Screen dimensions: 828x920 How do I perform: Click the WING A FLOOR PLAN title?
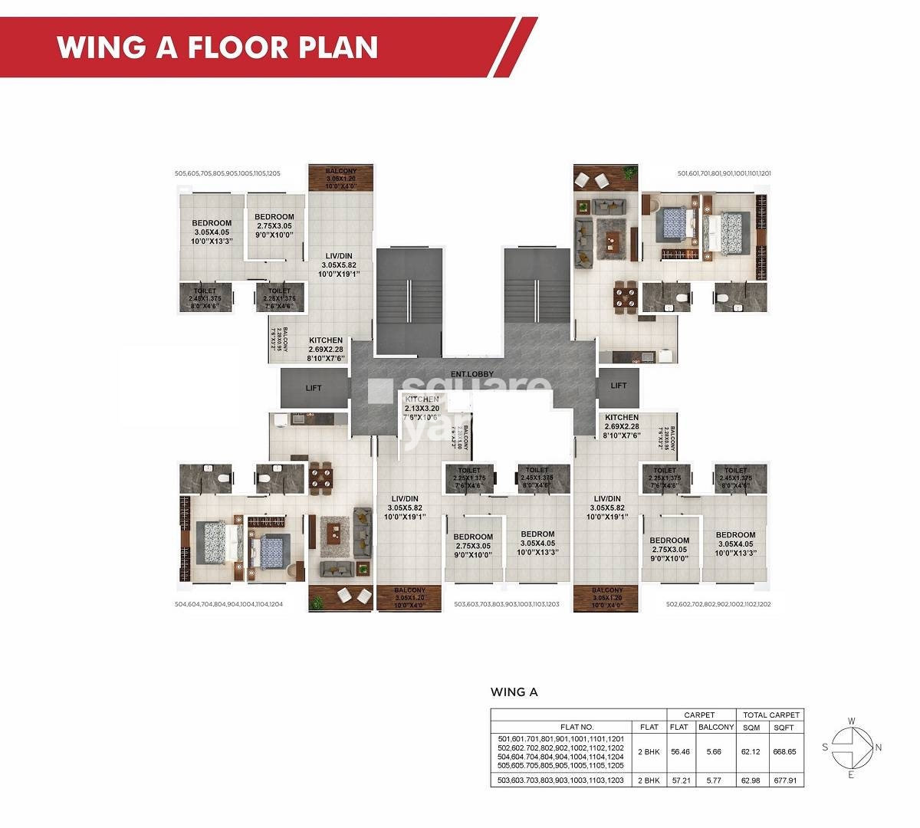click(x=217, y=47)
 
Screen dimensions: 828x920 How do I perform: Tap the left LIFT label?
click(x=314, y=388)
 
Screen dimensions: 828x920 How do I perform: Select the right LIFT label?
click(x=619, y=386)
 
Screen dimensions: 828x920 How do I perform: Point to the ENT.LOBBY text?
click(x=472, y=374)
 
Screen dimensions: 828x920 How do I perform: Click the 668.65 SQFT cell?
click(x=784, y=752)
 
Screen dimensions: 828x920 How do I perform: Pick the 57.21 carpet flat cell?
click(x=679, y=780)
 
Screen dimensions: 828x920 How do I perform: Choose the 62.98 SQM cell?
click(x=750, y=780)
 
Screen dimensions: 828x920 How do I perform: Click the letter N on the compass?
click(x=879, y=747)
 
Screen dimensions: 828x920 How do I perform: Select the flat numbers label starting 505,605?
click(x=228, y=174)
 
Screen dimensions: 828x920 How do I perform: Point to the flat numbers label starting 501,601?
click(x=724, y=174)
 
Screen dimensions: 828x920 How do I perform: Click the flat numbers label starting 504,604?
click(x=228, y=604)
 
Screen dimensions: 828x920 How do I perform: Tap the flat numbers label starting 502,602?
click(x=718, y=604)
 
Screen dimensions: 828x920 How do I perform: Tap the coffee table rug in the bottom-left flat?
click(x=335, y=532)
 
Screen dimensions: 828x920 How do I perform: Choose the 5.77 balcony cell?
click(x=716, y=780)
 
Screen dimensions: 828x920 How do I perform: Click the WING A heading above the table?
click(x=514, y=692)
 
